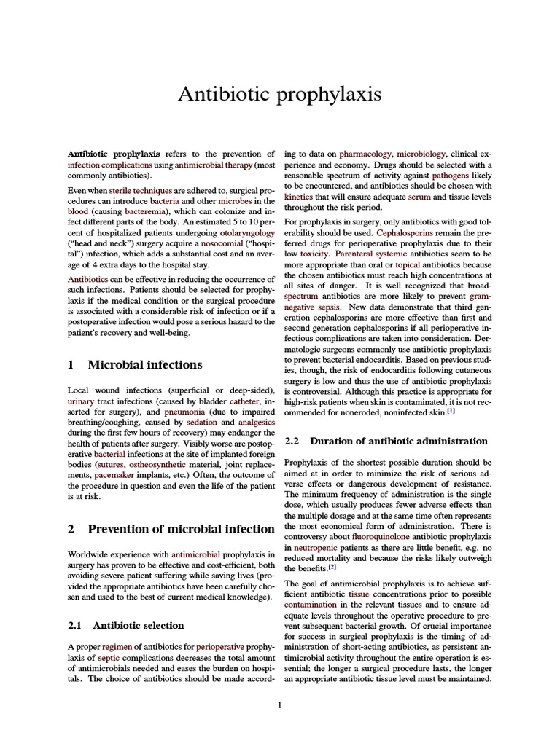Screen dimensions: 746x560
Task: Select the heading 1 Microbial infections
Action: [x=135, y=364]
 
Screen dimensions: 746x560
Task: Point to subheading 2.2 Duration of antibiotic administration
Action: [x=386, y=441]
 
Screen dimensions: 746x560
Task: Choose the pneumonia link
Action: [x=184, y=412]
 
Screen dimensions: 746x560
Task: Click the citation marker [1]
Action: [x=451, y=410]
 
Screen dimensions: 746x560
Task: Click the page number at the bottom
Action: [x=279, y=704]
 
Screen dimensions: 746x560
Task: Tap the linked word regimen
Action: [x=117, y=646]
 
